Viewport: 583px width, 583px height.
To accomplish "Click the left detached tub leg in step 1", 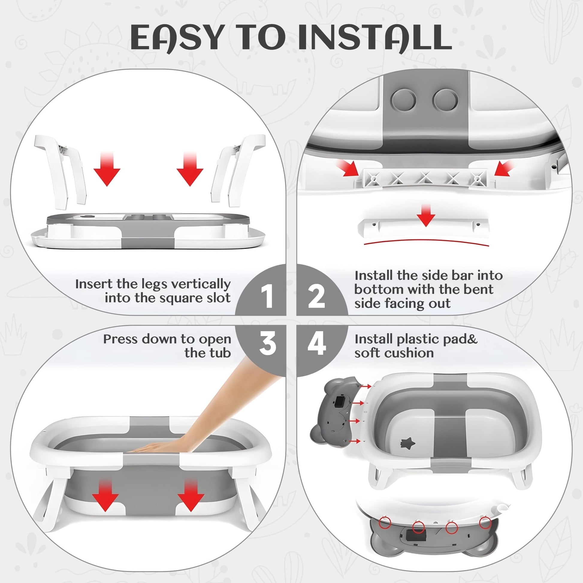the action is (x=60, y=171).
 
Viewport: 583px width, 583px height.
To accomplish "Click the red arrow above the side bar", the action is (x=426, y=215).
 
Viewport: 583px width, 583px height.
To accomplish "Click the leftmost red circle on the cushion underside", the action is (x=385, y=522).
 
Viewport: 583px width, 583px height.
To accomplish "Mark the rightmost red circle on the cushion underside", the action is (x=485, y=522).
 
